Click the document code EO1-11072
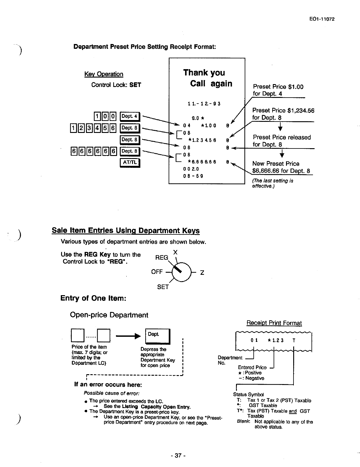321,19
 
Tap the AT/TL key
130,162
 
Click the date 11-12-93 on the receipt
204,104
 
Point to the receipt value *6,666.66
202,162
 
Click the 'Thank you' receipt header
204,73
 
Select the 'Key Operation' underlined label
104,74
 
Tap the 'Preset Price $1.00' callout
278,87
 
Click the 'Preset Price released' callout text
282,137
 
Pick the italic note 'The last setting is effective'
273,183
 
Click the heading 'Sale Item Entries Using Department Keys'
125,231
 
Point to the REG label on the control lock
161,258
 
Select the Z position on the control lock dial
202,273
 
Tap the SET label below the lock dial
163,287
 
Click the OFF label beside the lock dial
157,272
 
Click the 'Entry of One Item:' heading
93,298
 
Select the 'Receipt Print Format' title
274,323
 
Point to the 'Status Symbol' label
248,395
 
